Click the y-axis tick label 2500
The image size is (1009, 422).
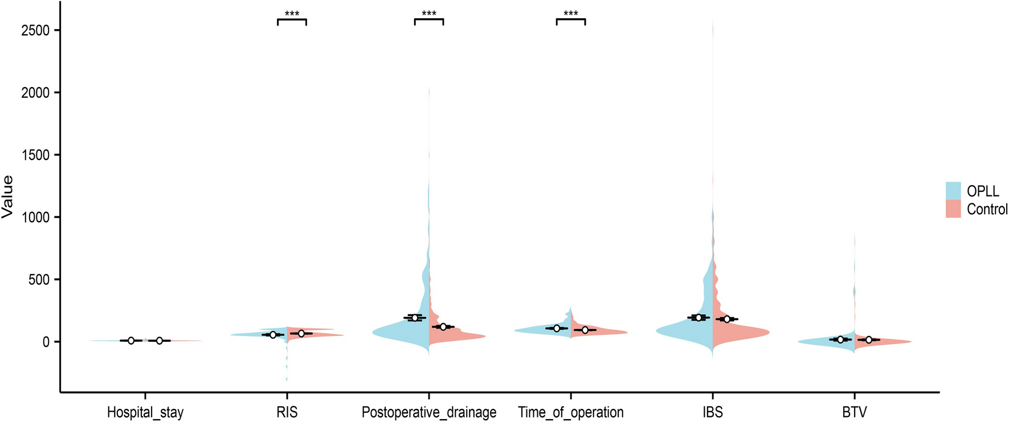pyautogui.click(x=35, y=30)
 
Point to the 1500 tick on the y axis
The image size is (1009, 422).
pyautogui.click(x=35, y=155)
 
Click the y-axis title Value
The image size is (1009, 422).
pyautogui.click(x=7, y=197)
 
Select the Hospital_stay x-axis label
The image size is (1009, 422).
pyautogui.click(x=145, y=412)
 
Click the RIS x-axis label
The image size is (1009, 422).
pyautogui.click(x=287, y=412)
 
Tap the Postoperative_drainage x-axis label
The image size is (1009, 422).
pyautogui.click(x=429, y=412)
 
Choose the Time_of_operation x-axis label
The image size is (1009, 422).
pyautogui.click(x=571, y=412)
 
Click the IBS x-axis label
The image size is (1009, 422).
pyautogui.click(x=713, y=412)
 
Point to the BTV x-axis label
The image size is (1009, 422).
pyautogui.click(x=854, y=412)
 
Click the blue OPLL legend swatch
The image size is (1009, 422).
pyautogui.click(x=953, y=191)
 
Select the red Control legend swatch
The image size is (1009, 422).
pyautogui.click(x=953, y=209)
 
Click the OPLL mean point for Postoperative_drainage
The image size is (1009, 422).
pyautogui.click(x=415, y=318)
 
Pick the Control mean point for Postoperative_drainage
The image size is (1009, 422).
pyautogui.click(x=443, y=327)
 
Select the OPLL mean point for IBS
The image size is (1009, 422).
pyautogui.click(x=698, y=317)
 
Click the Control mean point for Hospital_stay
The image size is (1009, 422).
pyautogui.click(x=160, y=341)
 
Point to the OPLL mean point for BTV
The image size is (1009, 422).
pyautogui.click(x=840, y=339)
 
